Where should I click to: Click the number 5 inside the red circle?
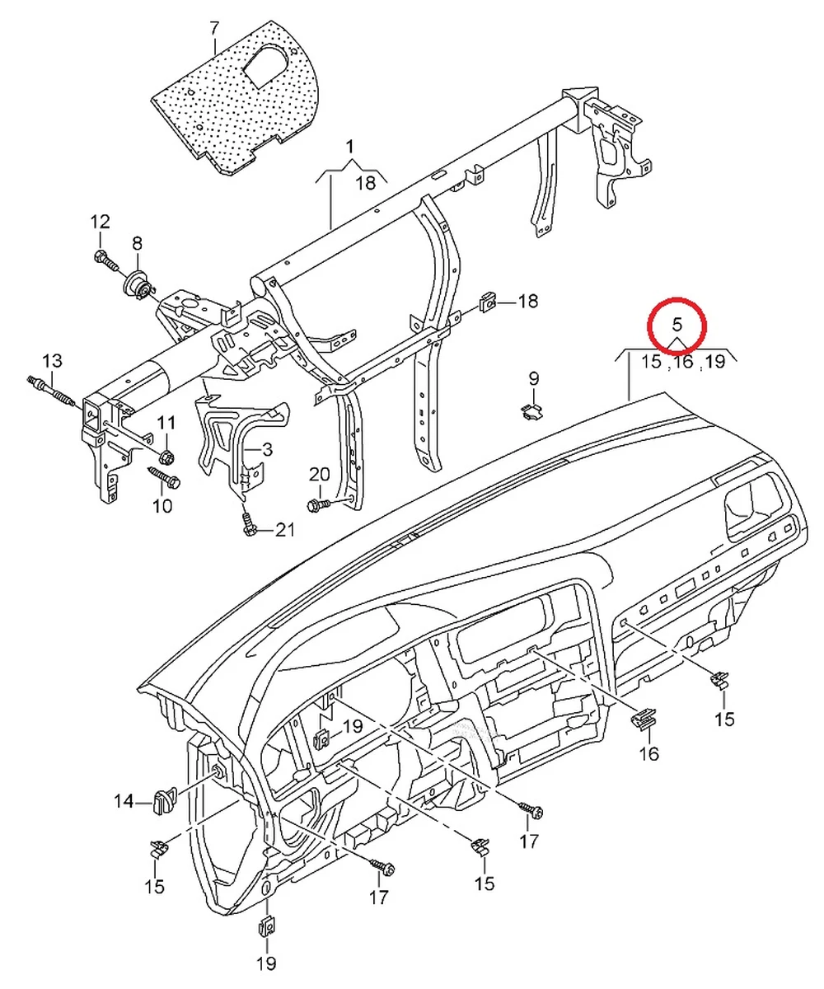tap(676, 322)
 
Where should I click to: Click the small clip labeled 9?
tap(531, 409)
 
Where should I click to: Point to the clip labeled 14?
tap(163, 799)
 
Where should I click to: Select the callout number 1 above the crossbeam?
tap(349, 148)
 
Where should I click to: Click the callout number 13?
tap(51, 361)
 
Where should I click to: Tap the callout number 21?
tap(284, 530)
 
